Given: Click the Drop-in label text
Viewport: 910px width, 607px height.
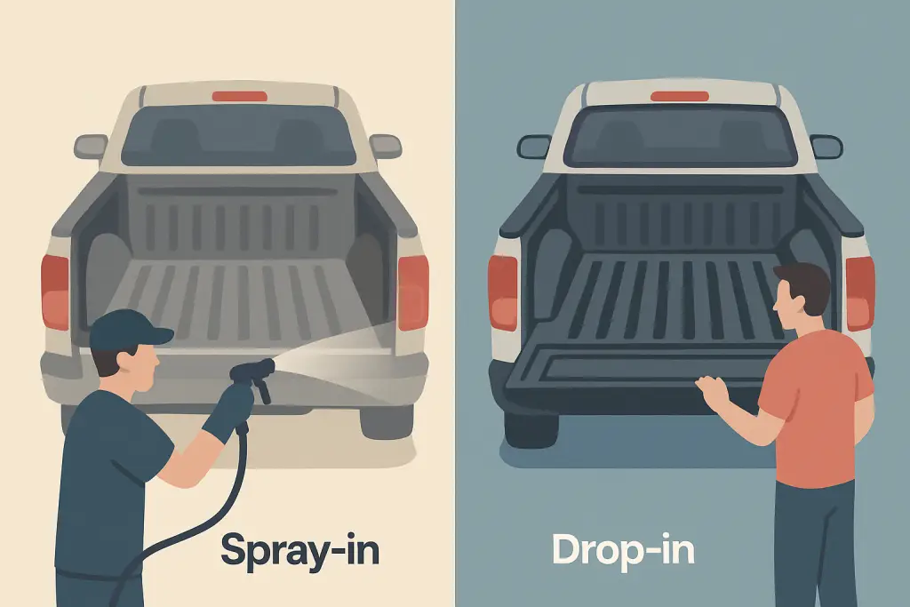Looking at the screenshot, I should [x=622, y=550].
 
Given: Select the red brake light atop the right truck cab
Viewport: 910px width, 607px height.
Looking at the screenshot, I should [x=679, y=96].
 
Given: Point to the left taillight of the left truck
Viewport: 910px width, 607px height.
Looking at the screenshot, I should [x=55, y=292].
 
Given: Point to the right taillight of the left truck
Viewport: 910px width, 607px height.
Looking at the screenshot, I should [x=412, y=292].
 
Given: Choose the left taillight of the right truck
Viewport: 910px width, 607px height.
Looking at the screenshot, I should [x=503, y=292].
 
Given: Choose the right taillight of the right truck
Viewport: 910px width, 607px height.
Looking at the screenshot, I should [x=859, y=293].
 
